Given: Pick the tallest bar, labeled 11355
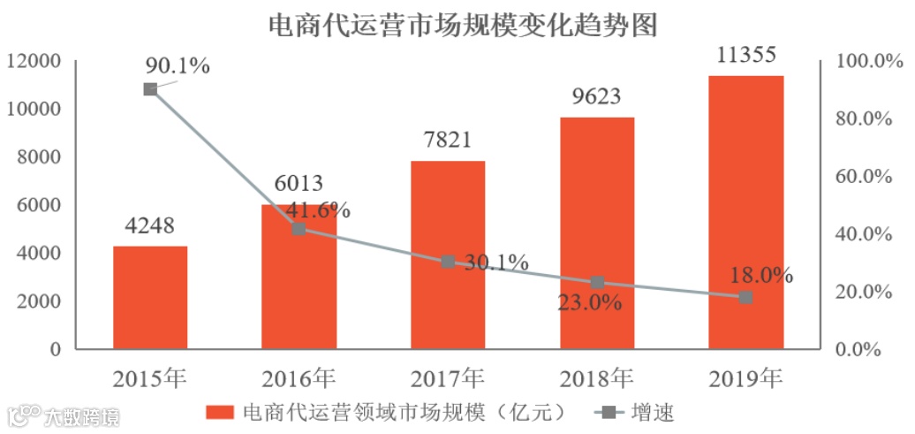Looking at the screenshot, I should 745,212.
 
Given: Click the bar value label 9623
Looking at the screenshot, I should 597,96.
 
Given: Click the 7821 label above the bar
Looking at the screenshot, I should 448,140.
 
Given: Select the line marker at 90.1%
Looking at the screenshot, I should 150,89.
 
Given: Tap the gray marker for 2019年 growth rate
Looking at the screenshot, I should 745,297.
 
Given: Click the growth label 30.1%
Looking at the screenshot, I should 495,263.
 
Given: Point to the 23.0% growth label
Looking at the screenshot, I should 589,303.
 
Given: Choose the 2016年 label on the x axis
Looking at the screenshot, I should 299,377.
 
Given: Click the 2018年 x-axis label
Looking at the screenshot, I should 597,377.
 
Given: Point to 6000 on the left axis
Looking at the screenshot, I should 39,205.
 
